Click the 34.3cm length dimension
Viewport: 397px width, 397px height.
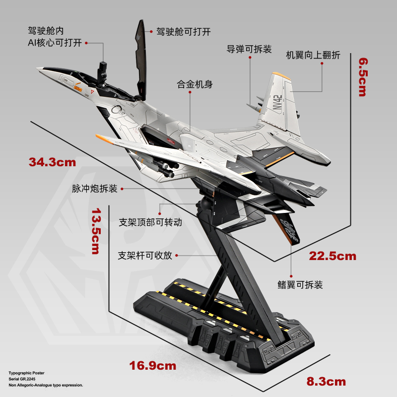[52, 162]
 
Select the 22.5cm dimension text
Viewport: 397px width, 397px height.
[332, 256]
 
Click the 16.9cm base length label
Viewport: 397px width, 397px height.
[153, 366]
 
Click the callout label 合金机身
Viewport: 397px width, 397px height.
[195, 84]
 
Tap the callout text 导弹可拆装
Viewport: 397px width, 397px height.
[249, 49]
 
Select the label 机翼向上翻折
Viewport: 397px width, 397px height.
[313, 55]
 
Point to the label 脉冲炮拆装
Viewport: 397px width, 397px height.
[94, 189]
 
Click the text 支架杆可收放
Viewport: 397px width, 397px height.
[145, 256]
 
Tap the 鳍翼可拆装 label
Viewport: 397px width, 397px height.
[300, 285]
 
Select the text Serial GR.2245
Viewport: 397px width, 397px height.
[24, 378]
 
